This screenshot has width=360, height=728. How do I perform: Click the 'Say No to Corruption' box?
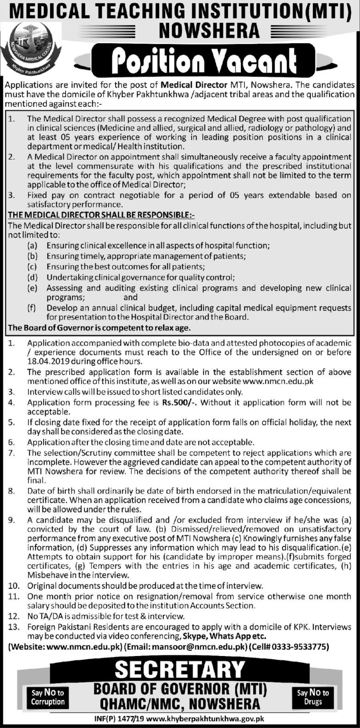tap(48, 697)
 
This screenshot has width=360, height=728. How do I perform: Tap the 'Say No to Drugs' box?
tap(313, 697)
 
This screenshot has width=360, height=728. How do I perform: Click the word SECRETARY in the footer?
tap(180, 669)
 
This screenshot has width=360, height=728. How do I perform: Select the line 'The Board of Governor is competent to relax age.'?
tap(99, 328)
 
